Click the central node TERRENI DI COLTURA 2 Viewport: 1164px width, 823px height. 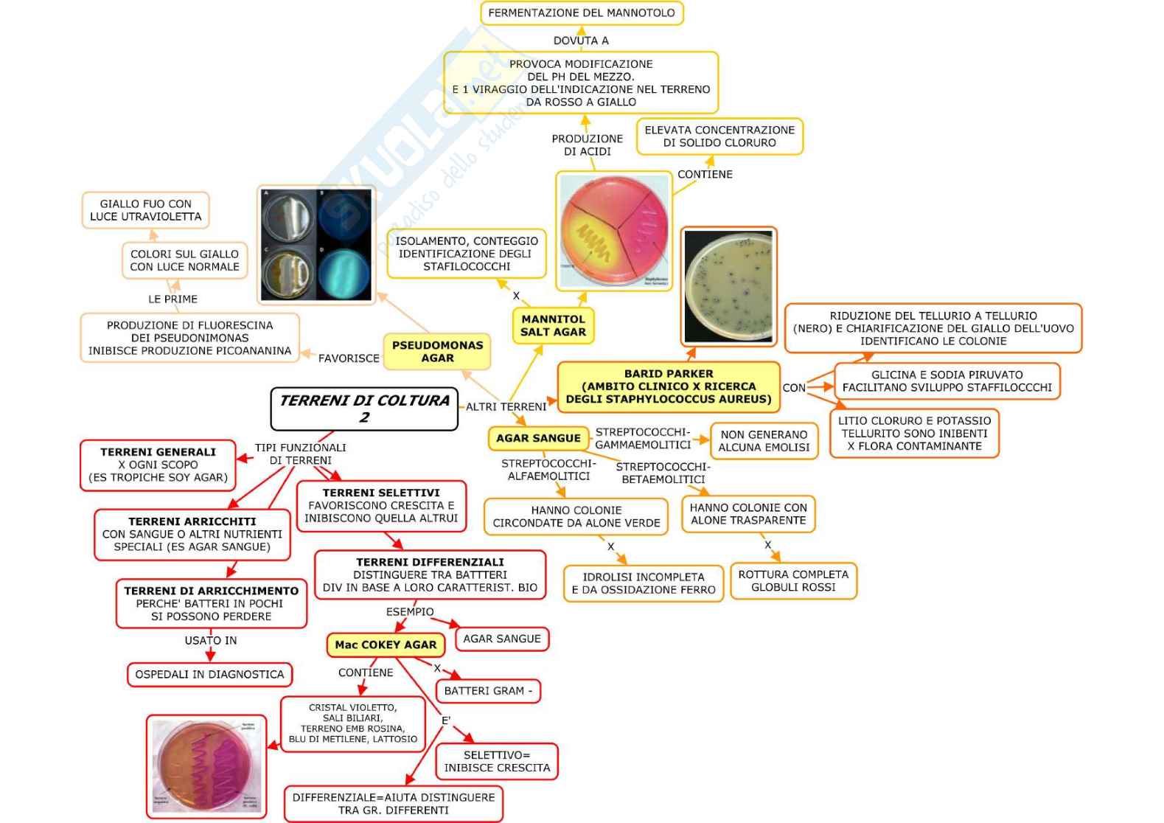tap(364, 409)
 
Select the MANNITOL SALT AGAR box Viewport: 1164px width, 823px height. tap(553, 325)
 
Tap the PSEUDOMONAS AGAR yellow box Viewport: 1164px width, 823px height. tap(437, 351)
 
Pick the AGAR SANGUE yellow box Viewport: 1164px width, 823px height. tap(538, 438)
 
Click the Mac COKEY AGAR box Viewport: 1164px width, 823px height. tap(386, 645)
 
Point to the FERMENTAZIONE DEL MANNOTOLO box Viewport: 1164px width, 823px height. tap(581, 13)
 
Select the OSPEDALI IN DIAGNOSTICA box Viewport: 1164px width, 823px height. tap(209, 674)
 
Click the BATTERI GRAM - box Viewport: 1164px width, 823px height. tap(488, 691)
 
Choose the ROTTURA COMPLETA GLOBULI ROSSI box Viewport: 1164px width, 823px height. tap(793, 580)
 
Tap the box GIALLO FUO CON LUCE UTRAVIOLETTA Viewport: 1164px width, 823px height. tap(145, 210)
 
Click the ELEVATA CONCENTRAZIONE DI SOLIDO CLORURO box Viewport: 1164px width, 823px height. tap(719, 136)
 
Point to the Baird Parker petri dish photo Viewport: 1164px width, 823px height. tap(728, 286)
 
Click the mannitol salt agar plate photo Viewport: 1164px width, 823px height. tap(614, 231)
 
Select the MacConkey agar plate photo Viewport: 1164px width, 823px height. tap(206, 766)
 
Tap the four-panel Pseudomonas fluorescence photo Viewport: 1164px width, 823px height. tap(317, 244)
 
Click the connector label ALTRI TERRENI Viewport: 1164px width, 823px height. tap(506, 406)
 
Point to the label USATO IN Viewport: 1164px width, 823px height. tap(211, 640)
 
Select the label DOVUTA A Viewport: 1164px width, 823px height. tap(581, 41)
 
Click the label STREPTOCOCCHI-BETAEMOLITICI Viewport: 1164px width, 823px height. tap(663, 473)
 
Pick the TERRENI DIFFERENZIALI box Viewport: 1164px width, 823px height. tap(430, 574)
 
